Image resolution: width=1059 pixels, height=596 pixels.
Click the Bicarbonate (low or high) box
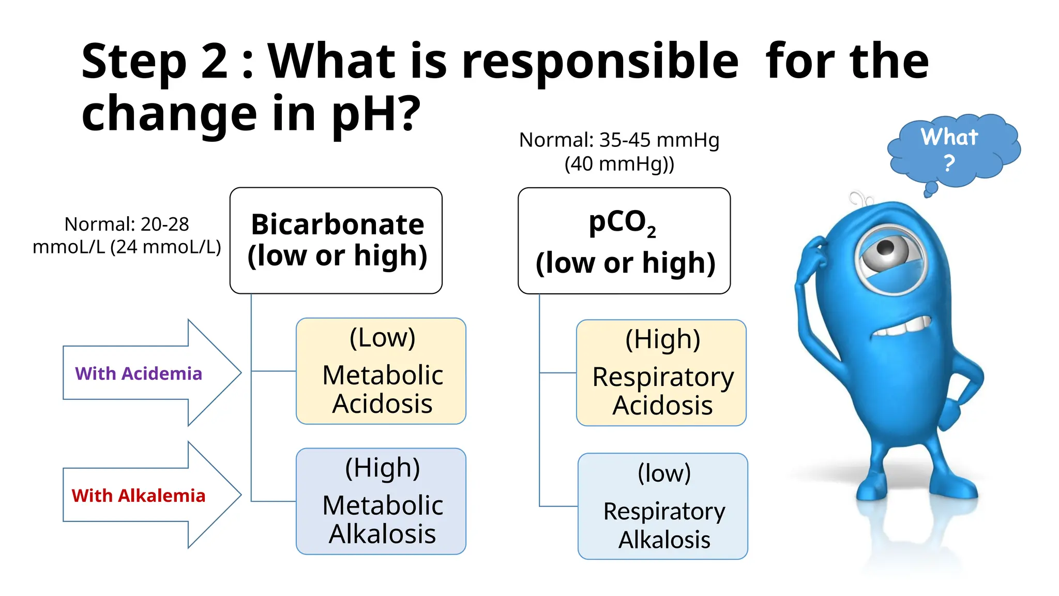[x=336, y=241]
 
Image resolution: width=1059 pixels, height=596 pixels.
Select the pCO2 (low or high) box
[x=624, y=241]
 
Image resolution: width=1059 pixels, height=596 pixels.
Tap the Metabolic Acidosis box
[x=381, y=371]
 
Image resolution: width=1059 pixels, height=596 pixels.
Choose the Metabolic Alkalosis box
[x=381, y=501]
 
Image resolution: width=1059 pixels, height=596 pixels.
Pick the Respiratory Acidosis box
[x=661, y=373]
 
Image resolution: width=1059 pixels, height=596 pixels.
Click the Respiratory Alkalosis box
[x=663, y=506]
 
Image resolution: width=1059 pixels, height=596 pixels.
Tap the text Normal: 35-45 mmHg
[x=619, y=140]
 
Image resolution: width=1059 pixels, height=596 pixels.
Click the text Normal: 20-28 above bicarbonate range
[x=127, y=224]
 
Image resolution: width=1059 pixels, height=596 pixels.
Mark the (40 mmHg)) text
[x=619, y=164]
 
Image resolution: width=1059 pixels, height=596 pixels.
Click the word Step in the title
[x=133, y=62]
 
